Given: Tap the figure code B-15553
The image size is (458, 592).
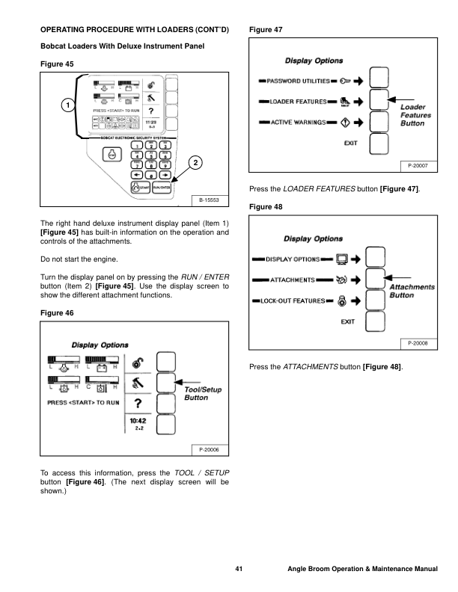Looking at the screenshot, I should tap(208, 200).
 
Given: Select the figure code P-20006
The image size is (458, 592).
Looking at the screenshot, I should tap(208, 449).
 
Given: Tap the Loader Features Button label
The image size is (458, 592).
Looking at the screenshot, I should tap(415, 116).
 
